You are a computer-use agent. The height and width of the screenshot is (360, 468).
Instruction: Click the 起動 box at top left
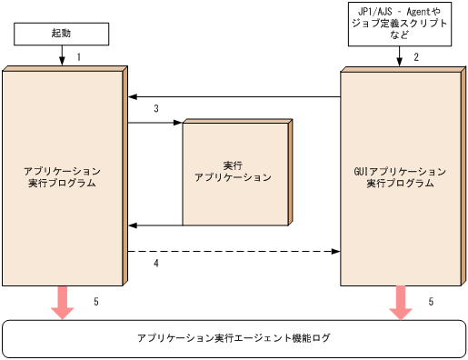pyautogui.click(x=62, y=34)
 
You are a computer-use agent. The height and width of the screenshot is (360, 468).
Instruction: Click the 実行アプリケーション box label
pyautogui.click(x=234, y=172)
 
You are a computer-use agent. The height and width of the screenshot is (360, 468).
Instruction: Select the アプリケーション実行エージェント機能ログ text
pyautogui.click(x=234, y=338)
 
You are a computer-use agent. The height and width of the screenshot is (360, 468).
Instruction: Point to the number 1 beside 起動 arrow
pyautogui.click(x=80, y=57)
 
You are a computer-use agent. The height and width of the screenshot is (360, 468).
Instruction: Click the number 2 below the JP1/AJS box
pyautogui.click(x=416, y=57)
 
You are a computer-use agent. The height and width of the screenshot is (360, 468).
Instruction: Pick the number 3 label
pyautogui.click(x=156, y=109)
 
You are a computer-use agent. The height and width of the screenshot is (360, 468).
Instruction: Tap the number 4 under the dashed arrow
pyautogui.click(x=156, y=264)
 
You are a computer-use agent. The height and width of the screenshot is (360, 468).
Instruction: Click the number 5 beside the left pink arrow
pyautogui.click(x=96, y=300)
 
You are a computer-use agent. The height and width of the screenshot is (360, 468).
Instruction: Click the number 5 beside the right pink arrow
pyautogui.click(x=431, y=300)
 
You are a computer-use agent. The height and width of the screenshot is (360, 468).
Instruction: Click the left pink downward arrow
pyautogui.click(x=63, y=302)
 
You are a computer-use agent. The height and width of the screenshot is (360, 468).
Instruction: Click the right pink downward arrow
pyautogui.click(x=400, y=302)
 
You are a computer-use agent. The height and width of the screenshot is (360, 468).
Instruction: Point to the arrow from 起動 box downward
pyautogui.click(x=63, y=56)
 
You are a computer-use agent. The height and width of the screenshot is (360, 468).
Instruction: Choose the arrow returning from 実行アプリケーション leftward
pyautogui.click(x=154, y=225)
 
